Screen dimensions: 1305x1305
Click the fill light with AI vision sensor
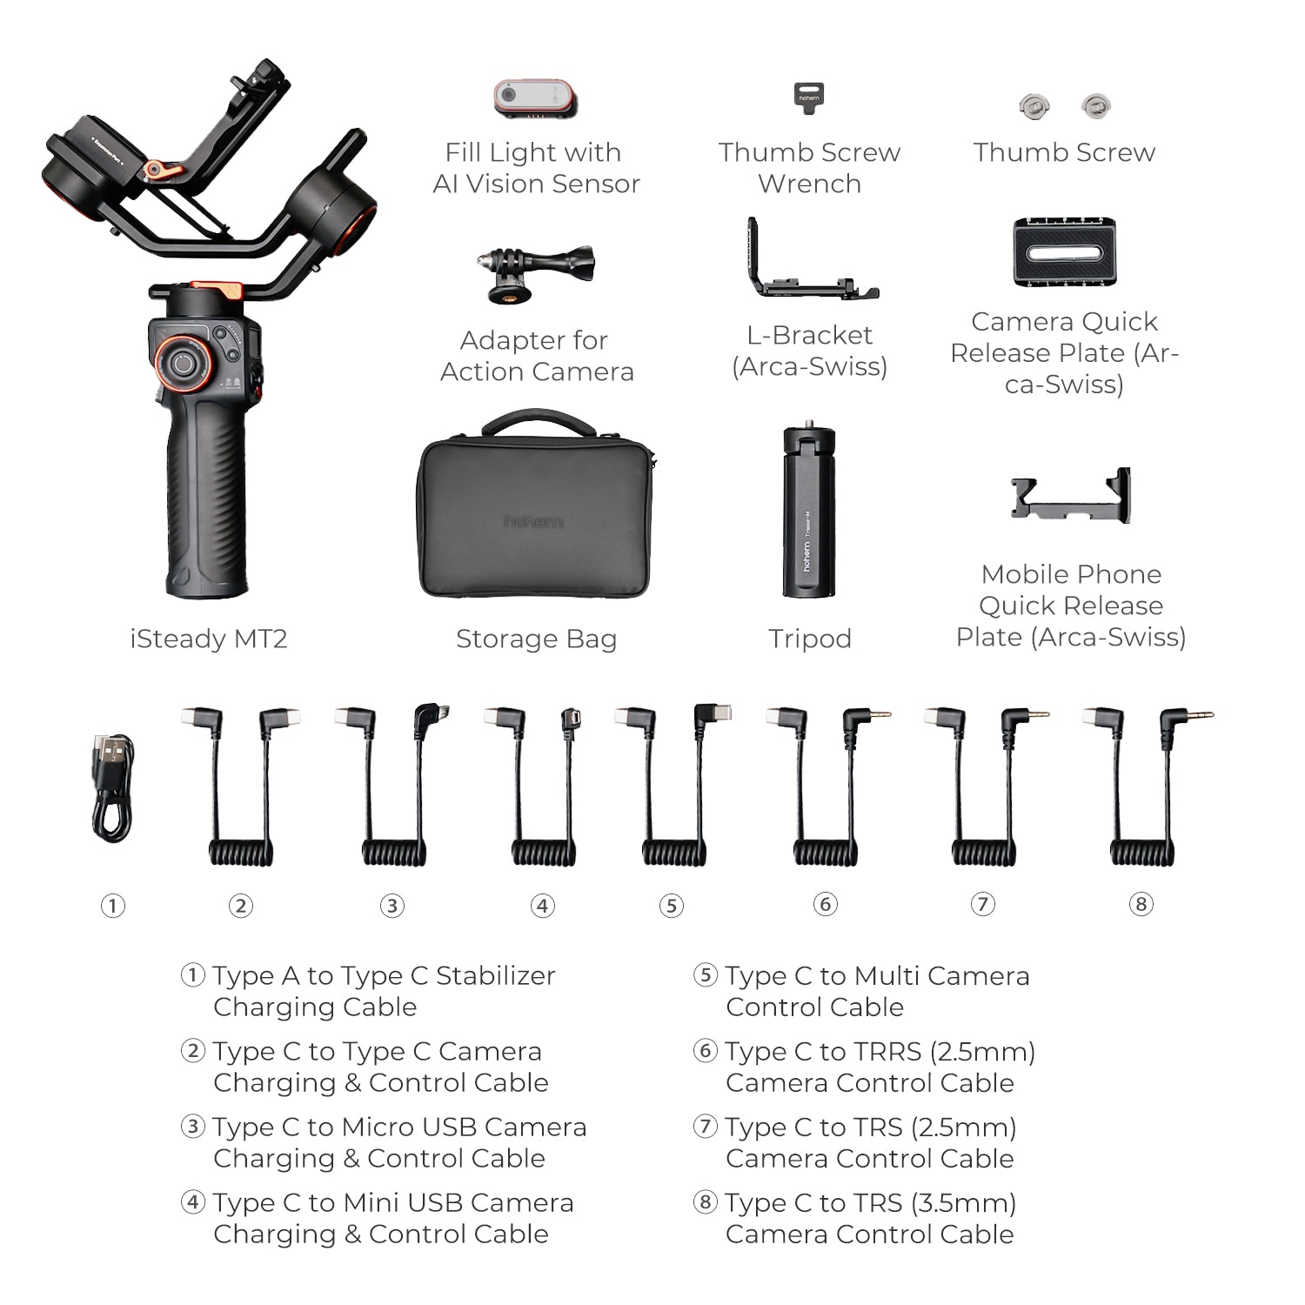point(535,97)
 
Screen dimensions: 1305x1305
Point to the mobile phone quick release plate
point(1070,497)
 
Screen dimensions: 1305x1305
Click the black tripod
point(808,512)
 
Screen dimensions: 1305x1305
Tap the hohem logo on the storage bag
point(533,521)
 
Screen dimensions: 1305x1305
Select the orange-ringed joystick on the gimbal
point(183,362)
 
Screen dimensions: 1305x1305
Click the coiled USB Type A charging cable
point(112,788)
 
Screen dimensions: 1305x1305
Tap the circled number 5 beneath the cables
point(671,906)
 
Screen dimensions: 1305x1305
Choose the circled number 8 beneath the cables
point(1141,904)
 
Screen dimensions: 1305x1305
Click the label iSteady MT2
point(209,639)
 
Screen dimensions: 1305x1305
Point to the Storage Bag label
point(536,639)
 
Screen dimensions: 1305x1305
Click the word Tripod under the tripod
point(810,639)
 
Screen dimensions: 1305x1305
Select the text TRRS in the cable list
point(887,1052)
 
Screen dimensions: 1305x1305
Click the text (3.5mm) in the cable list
point(964,1203)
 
